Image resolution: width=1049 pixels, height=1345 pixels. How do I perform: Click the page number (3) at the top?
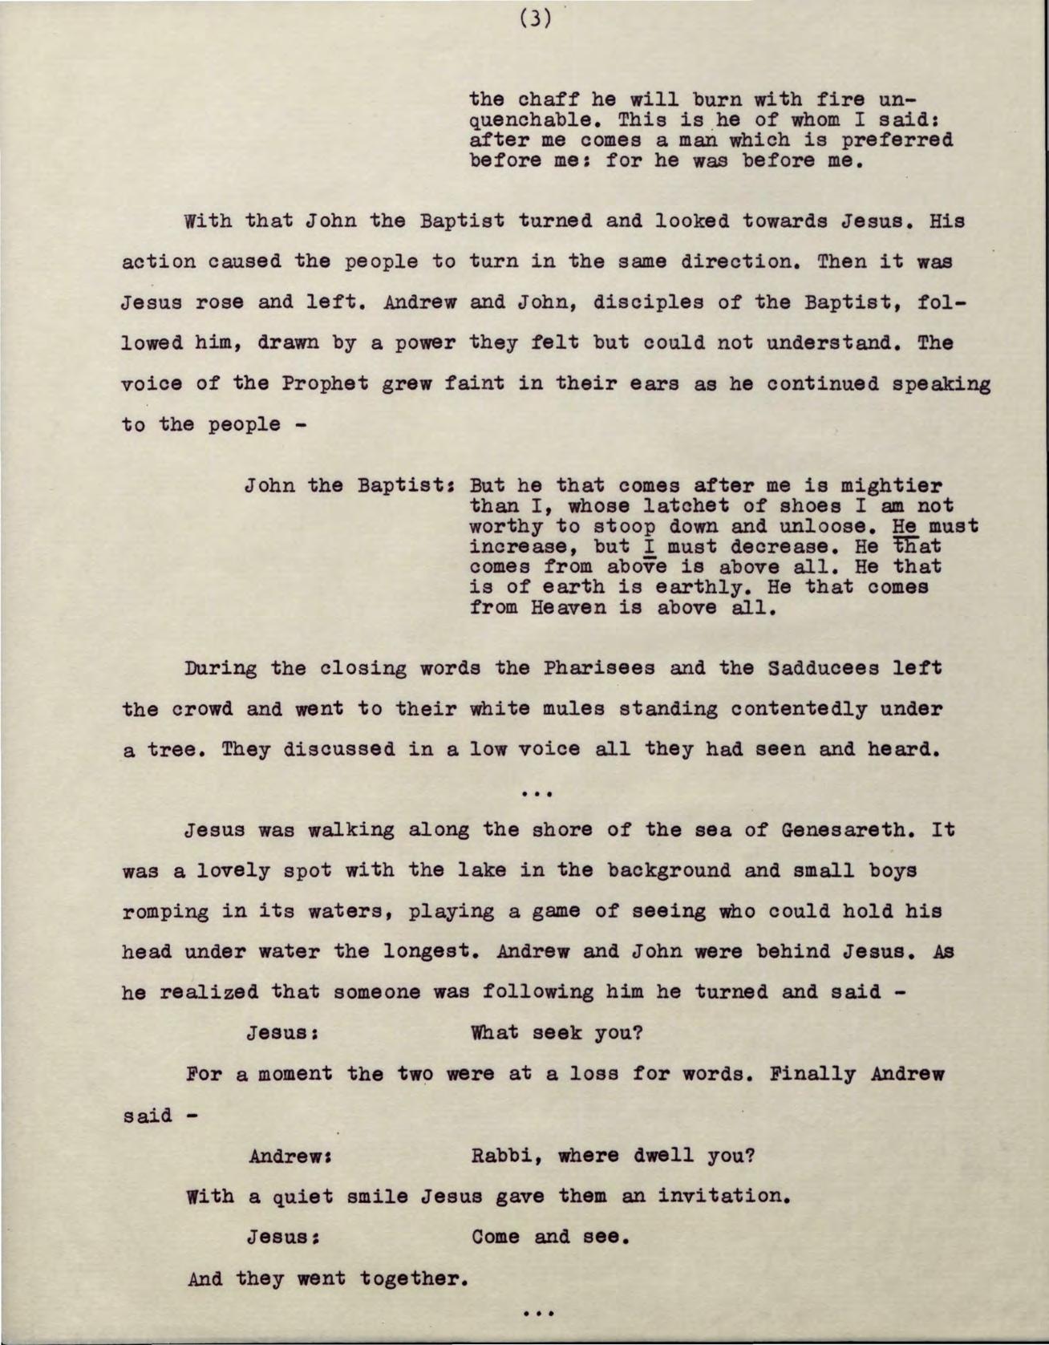click(536, 17)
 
